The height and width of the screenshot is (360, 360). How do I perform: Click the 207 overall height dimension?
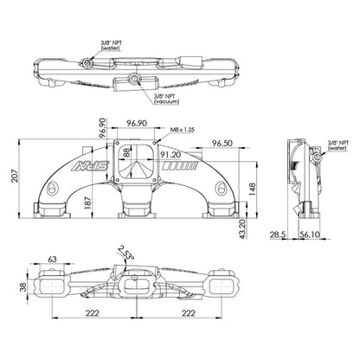pyautogui.click(x=15, y=176)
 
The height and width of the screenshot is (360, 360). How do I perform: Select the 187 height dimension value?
pyautogui.click(x=88, y=202)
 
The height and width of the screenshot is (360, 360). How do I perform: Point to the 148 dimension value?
pyautogui.click(x=252, y=190)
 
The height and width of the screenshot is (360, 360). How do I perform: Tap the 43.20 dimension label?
pyautogui.click(x=243, y=229)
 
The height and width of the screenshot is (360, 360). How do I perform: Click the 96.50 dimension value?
pyautogui.click(x=222, y=143)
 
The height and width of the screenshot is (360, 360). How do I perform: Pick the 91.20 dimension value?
pyautogui.click(x=170, y=155)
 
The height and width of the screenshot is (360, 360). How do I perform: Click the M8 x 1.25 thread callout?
pyautogui.click(x=182, y=130)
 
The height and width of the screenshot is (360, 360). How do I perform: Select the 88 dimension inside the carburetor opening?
pyautogui.click(x=127, y=153)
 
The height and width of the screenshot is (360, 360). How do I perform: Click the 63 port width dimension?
pyautogui.click(x=52, y=260)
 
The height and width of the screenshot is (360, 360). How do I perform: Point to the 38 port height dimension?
pyautogui.click(x=22, y=287)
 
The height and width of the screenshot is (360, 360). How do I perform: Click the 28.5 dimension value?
pyautogui.click(x=278, y=235)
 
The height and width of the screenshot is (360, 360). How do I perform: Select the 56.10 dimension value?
pyautogui.click(x=309, y=235)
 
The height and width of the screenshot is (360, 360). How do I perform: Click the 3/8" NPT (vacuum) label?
pyautogui.click(x=166, y=99)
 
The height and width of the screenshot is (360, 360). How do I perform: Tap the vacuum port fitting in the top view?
pyautogui.click(x=134, y=78)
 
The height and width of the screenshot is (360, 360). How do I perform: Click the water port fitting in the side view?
pyautogui.click(x=318, y=157)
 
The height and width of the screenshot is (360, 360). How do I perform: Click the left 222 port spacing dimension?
pyautogui.click(x=92, y=313)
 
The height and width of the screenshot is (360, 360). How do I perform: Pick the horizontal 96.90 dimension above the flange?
pyautogui.click(x=137, y=123)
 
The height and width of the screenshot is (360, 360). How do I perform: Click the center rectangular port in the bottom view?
pyautogui.click(x=136, y=286)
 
